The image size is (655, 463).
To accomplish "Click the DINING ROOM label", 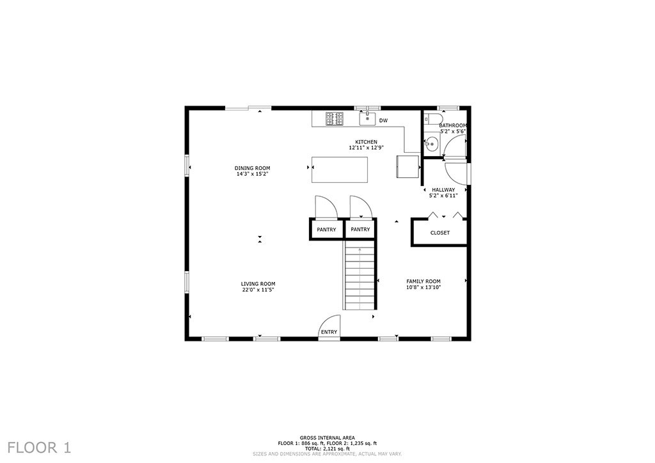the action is (252, 168).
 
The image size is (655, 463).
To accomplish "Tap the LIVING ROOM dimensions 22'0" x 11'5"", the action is (258, 290).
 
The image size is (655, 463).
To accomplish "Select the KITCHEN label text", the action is (367, 142).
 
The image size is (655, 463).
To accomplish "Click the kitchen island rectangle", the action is (340, 169).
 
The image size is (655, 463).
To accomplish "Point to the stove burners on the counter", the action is (335, 118).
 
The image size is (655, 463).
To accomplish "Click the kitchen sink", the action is (368, 118).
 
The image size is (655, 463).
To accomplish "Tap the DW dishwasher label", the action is (384, 121).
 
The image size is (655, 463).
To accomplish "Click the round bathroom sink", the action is (431, 145).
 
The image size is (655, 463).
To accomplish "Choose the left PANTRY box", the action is (326, 229).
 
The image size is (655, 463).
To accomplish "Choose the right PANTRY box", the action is (361, 229).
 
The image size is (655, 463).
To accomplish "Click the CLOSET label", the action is (440, 233).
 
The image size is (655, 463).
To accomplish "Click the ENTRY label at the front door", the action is (329, 332).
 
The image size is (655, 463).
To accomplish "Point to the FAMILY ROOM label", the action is (423, 281).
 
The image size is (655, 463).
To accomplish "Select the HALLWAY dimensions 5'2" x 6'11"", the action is (444, 196).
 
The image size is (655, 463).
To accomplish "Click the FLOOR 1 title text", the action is (39, 448).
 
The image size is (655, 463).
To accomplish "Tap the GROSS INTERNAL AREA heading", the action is (327, 438).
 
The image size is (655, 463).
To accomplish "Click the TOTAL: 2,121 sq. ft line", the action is (327, 448).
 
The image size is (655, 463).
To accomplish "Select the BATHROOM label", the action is (453, 125).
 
